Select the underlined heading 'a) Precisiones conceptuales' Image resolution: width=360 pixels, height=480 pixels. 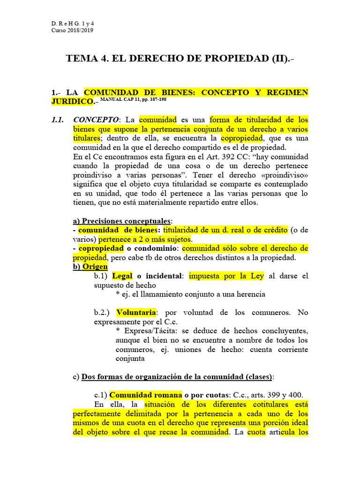122,221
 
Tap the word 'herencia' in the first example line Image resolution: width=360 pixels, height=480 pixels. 252,294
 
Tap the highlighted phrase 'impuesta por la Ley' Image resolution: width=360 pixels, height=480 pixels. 226,276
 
